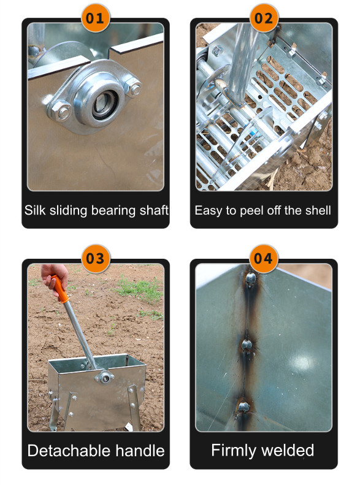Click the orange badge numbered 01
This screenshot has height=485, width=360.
tap(95, 18)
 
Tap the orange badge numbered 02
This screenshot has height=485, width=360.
tap(264, 18)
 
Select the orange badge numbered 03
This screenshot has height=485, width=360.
tap(96, 258)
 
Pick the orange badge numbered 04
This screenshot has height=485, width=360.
tap(264, 258)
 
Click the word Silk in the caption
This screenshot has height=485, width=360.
tap(35, 210)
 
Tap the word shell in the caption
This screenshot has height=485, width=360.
tap(318, 210)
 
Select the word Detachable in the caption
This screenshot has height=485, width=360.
tap(70, 451)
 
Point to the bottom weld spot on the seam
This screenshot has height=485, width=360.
tap(243, 407)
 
